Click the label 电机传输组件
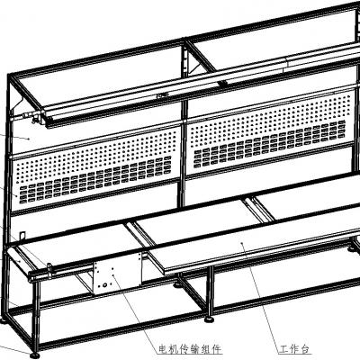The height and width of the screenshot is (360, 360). [190, 349]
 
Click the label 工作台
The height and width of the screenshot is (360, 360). [294, 349]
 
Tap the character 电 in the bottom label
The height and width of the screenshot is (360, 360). [163, 349]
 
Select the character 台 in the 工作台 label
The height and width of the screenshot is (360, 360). [304, 349]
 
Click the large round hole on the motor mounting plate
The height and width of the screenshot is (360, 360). [105, 284]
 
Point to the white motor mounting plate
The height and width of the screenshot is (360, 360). [117, 273]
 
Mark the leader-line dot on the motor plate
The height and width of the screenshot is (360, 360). [112, 274]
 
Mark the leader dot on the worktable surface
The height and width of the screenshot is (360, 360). [242, 242]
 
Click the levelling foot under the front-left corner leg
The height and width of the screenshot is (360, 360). [35, 355]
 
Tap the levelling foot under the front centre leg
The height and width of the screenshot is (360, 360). [209, 320]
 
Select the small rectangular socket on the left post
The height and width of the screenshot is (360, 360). [22, 236]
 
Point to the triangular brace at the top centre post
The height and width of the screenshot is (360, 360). [195, 65]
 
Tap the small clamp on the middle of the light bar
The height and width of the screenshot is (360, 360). [162, 96]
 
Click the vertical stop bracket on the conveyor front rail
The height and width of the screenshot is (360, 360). [49, 269]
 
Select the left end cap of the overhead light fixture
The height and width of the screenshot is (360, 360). [47, 119]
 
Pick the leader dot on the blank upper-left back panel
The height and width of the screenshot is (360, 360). [29, 139]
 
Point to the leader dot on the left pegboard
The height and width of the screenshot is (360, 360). [16, 195]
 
